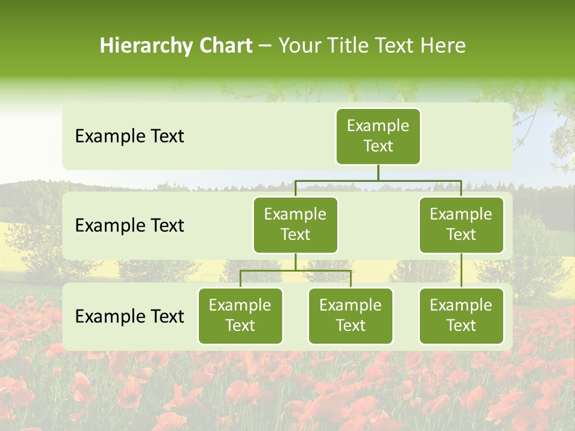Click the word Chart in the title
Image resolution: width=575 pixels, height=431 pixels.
point(225,46)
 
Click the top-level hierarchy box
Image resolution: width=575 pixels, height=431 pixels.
point(378,136)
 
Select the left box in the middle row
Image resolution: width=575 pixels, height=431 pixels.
point(295,225)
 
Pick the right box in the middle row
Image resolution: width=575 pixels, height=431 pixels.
point(461,225)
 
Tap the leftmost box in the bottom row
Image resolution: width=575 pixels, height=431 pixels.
point(240,316)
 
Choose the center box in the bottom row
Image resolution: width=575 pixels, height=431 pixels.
point(350,316)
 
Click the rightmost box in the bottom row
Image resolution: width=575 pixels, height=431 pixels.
point(461,316)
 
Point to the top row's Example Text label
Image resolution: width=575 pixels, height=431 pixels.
point(129,136)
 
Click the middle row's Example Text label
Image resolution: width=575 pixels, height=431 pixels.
point(129,226)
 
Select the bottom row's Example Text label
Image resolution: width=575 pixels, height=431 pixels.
point(129,317)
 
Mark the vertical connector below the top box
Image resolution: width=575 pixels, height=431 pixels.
point(378,172)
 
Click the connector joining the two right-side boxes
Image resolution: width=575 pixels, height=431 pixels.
point(461,271)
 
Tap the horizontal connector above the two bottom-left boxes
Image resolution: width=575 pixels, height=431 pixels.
point(295,271)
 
